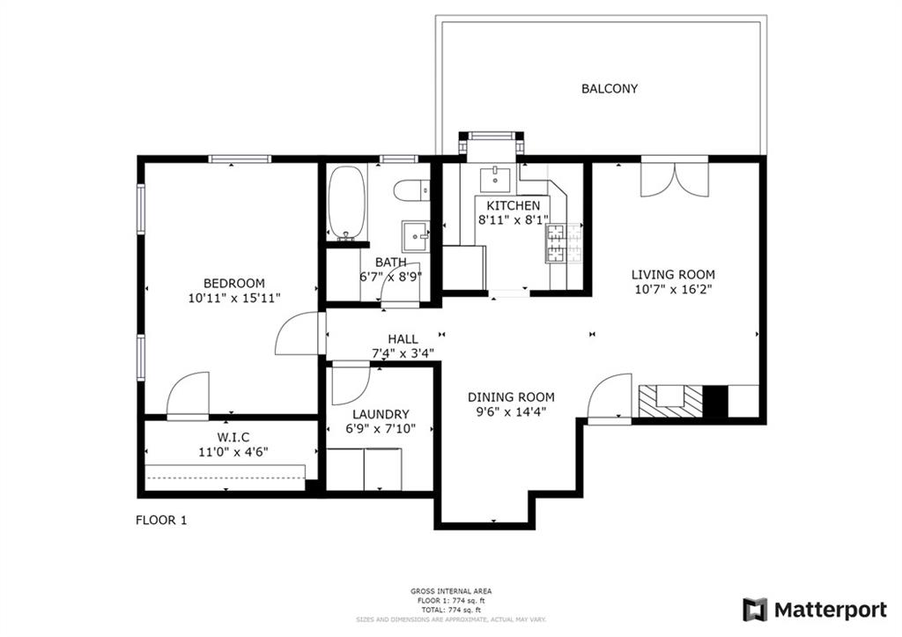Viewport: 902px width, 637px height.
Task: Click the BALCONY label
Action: [x=609, y=89]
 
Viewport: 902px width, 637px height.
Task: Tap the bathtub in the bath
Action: [x=346, y=203]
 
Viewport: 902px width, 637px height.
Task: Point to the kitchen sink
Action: [x=496, y=179]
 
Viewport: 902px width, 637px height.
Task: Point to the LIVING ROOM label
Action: [x=673, y=275]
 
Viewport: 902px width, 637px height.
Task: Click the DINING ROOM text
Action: [x=511, y=397]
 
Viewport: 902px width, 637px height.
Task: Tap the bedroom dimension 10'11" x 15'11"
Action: [x=233, y=298]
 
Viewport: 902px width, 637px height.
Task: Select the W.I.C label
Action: [x=233, y=437]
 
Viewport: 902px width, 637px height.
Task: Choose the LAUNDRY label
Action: [x=381, y=414]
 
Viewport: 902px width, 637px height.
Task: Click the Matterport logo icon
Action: [x=755, y=610]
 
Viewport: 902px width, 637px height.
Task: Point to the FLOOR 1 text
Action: [x=161, y=520]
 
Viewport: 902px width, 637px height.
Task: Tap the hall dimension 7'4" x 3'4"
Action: [x=403, y=353]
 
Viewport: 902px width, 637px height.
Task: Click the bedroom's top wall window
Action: [x=239, y=159]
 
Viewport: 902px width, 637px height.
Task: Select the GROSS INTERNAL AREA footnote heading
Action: [x=451, y=590]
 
